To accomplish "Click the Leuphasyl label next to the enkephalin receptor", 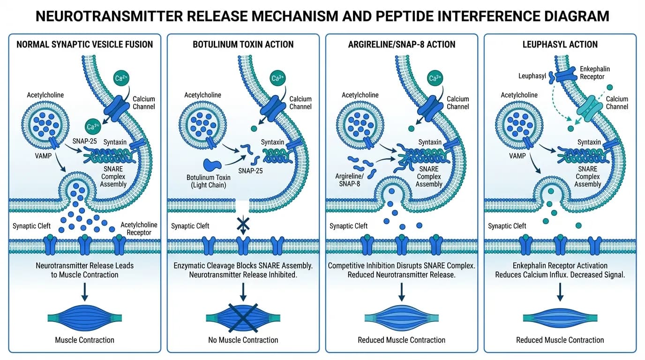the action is (x=532, y=76).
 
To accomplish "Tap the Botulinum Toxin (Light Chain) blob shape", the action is (x=212, y=165).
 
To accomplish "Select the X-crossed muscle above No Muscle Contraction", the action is (x=243, y=318).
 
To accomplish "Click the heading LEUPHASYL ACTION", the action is (x=560, y=45).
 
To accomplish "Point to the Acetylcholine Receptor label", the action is (x=139, y=229).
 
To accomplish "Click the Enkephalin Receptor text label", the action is (x=594, y=73).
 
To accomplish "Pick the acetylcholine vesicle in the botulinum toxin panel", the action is (x=202, y=125).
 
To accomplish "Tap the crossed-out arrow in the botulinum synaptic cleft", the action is (x=243, y=225).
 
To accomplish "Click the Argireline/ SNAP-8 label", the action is (x=349, y=180).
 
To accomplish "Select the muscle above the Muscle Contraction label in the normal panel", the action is (x=85, y=318).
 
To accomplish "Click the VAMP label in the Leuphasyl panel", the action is (x=517, y=156).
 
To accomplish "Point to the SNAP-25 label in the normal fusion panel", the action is (x=85, y=141).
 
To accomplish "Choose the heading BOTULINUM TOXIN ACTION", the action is (x=243, y=45).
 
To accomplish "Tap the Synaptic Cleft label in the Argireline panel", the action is (x=348, y=226).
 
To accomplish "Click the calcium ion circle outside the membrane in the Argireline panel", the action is (x=435, y=78).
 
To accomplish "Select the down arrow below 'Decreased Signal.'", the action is (x=560, y=292).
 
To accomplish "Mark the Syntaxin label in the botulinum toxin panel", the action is (x=272, y=142).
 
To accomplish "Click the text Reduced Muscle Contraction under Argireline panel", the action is (x=401, y=340).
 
